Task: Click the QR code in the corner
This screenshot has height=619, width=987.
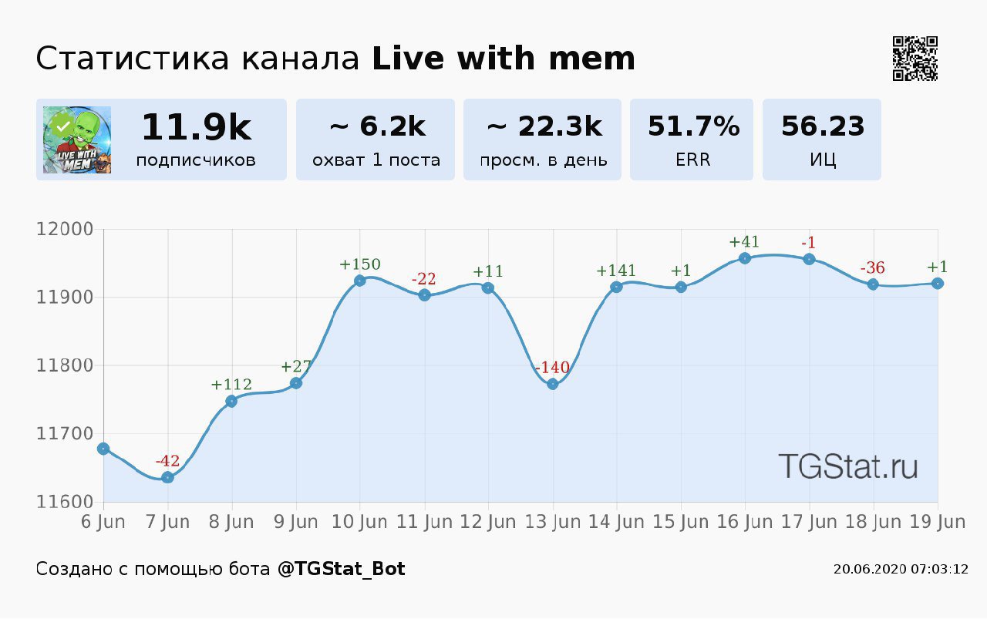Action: (915, 59)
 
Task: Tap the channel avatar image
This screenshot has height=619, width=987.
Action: (77, 140)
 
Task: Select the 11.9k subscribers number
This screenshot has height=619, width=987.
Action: (196, 127)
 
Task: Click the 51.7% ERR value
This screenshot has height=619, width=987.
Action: (693, 126)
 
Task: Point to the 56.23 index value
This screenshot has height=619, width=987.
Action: (823, 126)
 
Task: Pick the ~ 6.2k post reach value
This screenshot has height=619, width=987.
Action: (377, 126)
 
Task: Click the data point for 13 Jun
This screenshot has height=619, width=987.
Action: (552, 384)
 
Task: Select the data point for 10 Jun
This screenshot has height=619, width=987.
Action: (360, 281)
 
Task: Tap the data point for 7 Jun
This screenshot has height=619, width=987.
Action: (167, 477)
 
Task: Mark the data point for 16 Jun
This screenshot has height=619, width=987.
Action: (745, 258)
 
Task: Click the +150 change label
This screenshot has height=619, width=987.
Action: (360, 265)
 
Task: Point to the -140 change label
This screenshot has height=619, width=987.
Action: (552, 368)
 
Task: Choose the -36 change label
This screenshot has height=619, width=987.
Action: (873, 268)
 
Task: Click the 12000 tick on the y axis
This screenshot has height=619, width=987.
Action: (65, 230)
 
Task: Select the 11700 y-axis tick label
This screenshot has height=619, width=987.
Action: (65, 434)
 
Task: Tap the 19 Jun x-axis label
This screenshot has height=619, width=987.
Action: (938, 522)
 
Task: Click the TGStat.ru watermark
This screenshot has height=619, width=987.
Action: (847, 466)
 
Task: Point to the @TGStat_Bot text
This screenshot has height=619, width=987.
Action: (341, 569)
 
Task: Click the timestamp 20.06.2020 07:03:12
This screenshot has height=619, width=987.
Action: (901, 570)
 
